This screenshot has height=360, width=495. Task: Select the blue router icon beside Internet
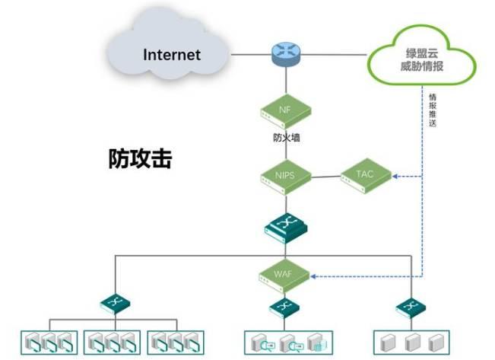coord(285,54)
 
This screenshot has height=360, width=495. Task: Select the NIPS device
coord(285,177)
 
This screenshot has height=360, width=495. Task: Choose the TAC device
coord(365,175)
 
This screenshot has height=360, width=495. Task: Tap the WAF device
coord(285,274)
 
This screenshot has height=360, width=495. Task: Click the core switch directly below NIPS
coord(285,225)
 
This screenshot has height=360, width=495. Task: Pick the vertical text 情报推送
coord(432,110)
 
